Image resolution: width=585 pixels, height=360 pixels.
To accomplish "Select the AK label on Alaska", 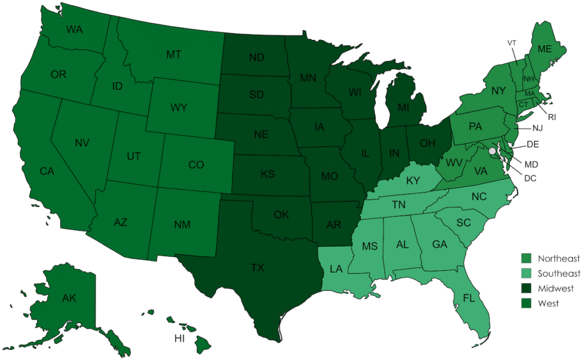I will pos(69,297).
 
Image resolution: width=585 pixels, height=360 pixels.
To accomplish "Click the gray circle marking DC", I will pos(491,151).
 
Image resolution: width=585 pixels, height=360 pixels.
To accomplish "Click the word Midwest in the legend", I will pos(556,289).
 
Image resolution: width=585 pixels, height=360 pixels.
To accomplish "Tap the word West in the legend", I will pos(548,303).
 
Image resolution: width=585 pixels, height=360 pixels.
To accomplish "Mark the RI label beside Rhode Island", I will pos(552,117).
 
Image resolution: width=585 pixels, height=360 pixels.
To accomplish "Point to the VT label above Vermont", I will pos(512,43).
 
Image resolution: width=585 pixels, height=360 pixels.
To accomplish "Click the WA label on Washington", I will pos(75,29).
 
